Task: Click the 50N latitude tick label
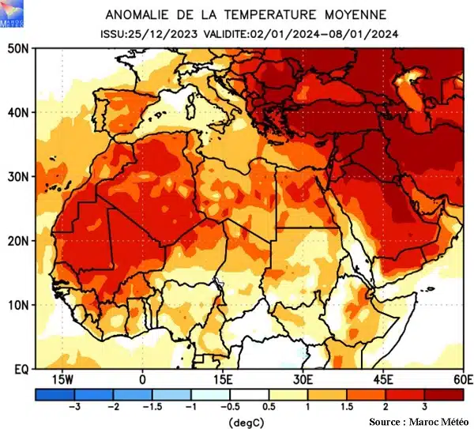(x=18, y=48)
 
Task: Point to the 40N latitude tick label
(x=18, y=112)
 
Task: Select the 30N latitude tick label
(x=18, y=176)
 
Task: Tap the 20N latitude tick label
(x=18, y=240)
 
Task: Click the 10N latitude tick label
(x=18, y=305)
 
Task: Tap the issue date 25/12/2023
(x=162, y=33)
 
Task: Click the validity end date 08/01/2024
(x=369, y=33)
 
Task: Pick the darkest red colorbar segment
(x=444, y=393)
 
